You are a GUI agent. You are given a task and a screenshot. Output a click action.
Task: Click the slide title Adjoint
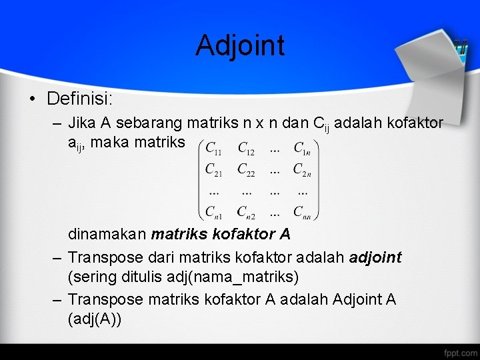(x=240, y=45)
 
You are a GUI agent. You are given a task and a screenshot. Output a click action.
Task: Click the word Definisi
(x=79, y=99)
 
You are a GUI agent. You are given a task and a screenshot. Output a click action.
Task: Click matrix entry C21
(x=215, y=169)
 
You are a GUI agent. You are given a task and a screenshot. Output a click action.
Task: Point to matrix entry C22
(x=247, y=169)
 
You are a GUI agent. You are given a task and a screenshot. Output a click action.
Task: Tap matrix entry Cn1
(x=215, y=212)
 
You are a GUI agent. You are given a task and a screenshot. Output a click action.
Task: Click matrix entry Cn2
(x=247, y=212)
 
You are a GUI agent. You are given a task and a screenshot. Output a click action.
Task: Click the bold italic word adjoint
(x=375, y=257)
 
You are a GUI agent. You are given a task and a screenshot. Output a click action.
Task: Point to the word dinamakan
(x=107, y=235)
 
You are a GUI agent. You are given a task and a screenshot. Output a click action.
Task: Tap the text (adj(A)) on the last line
(x=94, y=319)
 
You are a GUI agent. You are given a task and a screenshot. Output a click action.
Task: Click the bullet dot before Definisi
(x=32, y=99)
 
